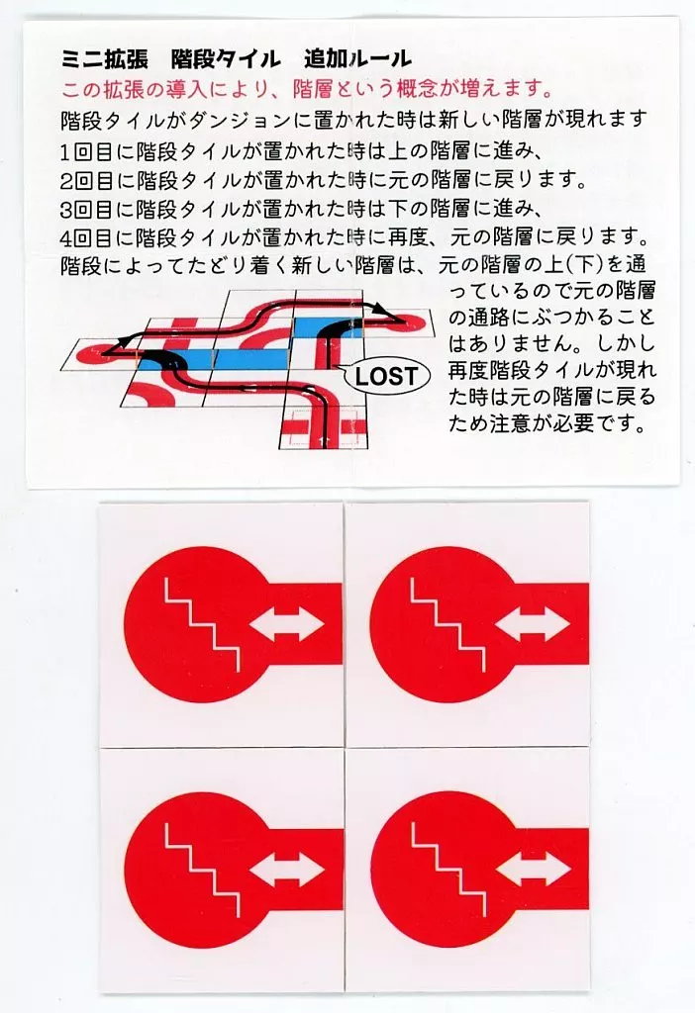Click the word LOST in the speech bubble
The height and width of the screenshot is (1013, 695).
click(x=385, y=376)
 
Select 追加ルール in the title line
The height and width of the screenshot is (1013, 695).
click(x=357, y=58)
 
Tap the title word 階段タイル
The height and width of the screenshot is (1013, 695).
click(x=226, y=58)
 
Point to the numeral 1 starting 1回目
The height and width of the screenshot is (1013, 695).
click(x=65, y=152)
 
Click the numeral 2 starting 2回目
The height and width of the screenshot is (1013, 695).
click(x=66, y=181)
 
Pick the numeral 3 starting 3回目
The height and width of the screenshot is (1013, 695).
click(x=66, y=210)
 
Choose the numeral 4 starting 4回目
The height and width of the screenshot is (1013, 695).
click(x=66, y=238)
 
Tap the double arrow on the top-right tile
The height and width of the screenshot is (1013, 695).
click(x=533, y=625)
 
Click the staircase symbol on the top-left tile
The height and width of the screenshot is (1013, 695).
click(x=202, y=625)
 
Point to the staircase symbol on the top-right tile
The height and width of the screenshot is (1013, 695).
click(x=447, y=625)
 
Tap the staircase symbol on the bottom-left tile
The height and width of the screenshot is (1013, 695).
click(x=202, y=870)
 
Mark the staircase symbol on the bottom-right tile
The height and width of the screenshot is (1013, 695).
click(x=447, y=870)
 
